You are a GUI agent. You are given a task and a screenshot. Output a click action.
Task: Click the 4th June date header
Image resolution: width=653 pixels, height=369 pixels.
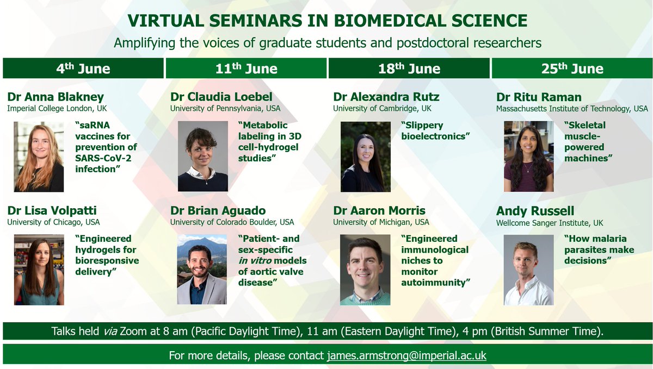83,68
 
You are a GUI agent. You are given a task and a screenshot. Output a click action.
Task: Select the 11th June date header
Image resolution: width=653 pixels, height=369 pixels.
246,68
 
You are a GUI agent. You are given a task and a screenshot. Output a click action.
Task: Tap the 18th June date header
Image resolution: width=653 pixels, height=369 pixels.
409,68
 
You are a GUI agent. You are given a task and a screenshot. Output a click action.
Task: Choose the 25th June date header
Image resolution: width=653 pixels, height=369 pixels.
572,68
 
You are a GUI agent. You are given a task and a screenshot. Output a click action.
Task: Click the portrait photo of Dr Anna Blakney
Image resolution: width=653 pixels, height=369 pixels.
39,157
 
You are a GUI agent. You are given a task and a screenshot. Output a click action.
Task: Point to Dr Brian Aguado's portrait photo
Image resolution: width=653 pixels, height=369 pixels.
202,269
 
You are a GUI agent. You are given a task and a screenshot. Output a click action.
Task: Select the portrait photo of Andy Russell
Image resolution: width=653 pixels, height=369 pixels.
528,269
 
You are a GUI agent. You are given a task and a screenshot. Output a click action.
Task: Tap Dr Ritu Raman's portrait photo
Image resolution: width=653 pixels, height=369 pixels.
528,157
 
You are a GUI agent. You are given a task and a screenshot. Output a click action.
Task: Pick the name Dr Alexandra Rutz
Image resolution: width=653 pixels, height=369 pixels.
386,97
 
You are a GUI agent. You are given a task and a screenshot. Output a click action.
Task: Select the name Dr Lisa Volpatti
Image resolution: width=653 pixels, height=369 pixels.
52,210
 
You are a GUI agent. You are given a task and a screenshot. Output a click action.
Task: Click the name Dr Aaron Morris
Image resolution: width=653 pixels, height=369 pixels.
379,210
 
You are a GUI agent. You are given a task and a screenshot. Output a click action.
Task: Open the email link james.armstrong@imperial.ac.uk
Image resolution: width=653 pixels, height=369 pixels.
406,355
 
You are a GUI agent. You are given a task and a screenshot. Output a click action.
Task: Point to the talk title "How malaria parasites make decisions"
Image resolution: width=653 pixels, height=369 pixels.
599,249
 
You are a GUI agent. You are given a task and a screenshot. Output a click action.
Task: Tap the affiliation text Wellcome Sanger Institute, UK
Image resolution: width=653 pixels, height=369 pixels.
550,222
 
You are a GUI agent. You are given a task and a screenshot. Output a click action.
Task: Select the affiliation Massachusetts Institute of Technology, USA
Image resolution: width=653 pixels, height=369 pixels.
572,109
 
